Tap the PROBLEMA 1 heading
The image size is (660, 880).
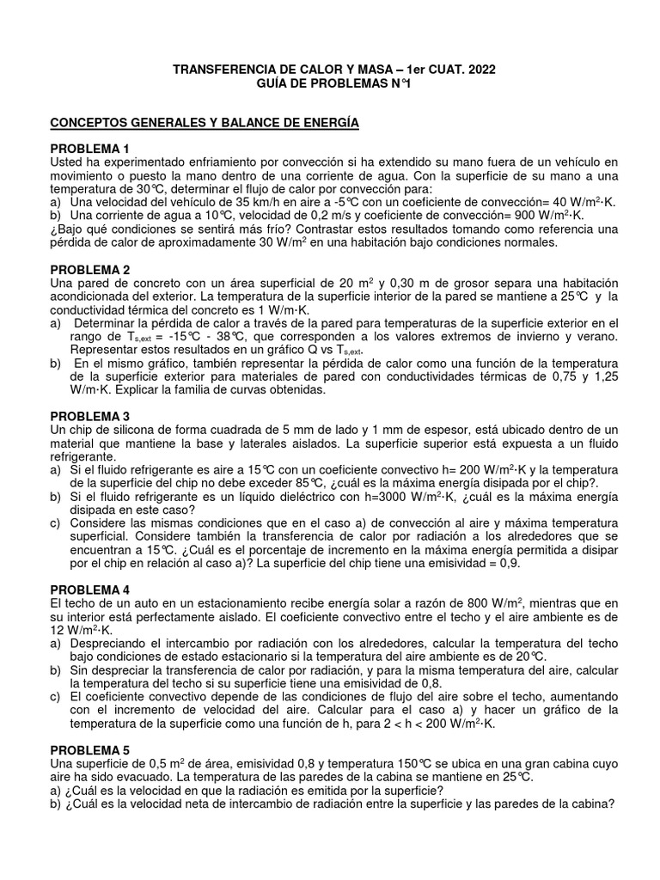click(90, 149)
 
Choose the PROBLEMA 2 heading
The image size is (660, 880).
click(90, 269)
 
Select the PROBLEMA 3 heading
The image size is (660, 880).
click(90, 416)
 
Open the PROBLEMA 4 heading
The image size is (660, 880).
click(90, 590)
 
